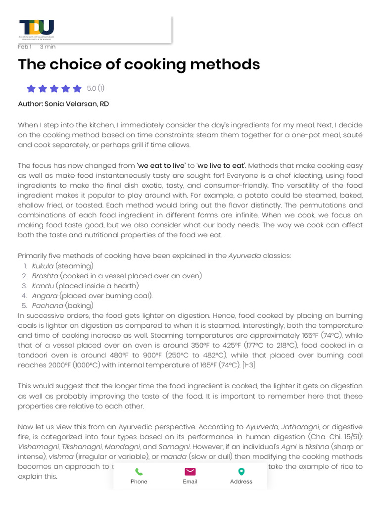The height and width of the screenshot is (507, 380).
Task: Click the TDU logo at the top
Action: pyautogui.click(x=37, y=29)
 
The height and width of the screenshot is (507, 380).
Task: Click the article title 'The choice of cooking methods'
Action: pyautogui.click(x=139, y=64)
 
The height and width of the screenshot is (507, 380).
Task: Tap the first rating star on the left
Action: pyautogui.click(x=31, y=89)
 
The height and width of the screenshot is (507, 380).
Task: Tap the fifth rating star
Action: pyautogui.click(x=77, y=89)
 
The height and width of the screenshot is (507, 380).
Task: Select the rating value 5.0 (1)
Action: pyautogui.click(x=95, y=89)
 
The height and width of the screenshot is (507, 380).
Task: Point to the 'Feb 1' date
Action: pyautogui.click(x=25, y=47)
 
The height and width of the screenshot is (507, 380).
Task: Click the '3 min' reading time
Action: pyautogui.click(x=47, y=47)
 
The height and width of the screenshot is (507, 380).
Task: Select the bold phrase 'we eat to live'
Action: pyautogui.click(x=162, y=165)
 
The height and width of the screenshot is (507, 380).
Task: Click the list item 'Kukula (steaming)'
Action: pyautogui.click(x=59, y=266)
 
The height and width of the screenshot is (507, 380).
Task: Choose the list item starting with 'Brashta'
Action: pyautogui.click(x=117, y=276)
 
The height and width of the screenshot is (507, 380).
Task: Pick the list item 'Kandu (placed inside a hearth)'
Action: pyautogui.click(x=85, y=286)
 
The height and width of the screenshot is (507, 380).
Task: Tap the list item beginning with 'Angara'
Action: pyautogui.click(x=92, y=296)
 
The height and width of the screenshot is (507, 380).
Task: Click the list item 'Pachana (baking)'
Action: pyautogui.click(x=62, y=305)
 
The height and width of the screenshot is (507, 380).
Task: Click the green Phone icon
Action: pyautogui.click(x=139, y=472)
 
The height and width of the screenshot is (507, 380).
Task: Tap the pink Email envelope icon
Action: pyautogui.click(x=190, y=472)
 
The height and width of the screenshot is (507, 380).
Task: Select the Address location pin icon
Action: pyautogui.click(x=241, y=472)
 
